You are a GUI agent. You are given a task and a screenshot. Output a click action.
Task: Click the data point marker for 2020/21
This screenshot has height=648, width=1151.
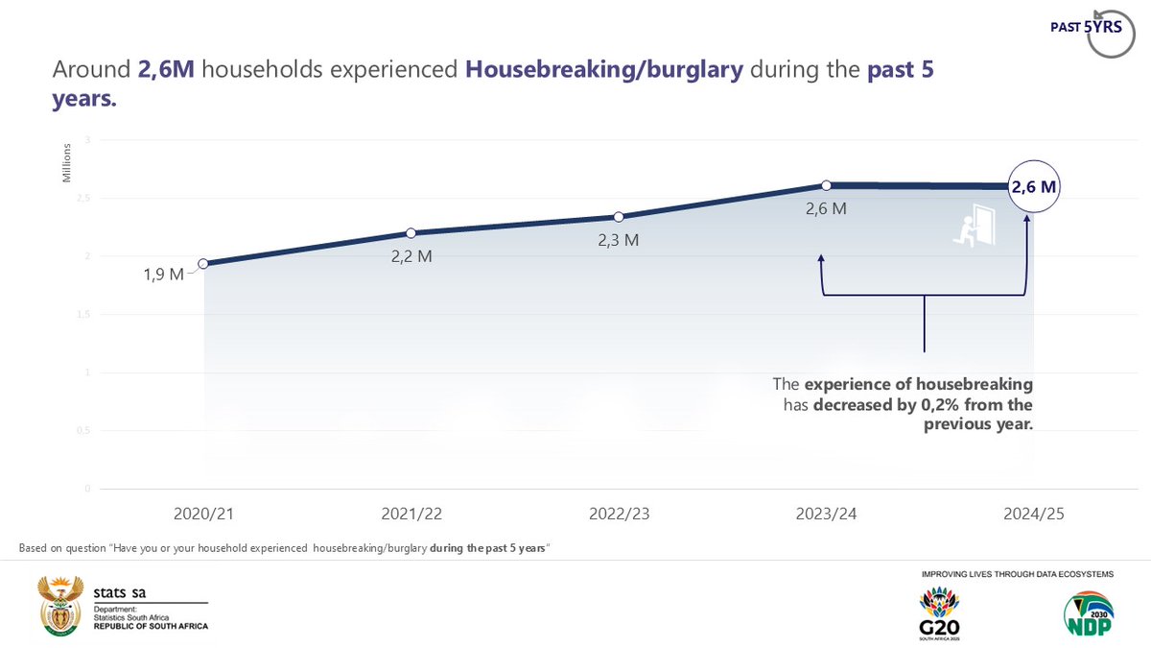(203, 263)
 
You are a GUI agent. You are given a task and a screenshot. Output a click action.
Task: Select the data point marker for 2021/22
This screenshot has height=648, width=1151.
(411, 232)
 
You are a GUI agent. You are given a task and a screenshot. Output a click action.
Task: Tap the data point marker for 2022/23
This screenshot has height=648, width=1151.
(619, 217)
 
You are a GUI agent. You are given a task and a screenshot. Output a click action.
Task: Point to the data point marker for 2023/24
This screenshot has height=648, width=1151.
(826, 185)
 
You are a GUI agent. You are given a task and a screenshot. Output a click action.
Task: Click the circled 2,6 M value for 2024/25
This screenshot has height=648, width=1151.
(1033, 188)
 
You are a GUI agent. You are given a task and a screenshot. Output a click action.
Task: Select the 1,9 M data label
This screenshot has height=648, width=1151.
(162, 276)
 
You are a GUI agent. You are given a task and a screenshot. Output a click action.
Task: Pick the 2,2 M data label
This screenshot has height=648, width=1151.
(411, 259)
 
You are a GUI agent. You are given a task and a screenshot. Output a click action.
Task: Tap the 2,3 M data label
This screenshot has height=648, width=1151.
(619, 240)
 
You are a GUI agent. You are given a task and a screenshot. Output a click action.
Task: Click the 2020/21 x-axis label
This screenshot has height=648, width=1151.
(203, 515)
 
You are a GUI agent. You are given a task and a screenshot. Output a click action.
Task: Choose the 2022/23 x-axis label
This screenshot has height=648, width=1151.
(619, 515)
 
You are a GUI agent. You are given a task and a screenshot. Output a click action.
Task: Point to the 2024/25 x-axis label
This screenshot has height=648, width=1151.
(1033, 515)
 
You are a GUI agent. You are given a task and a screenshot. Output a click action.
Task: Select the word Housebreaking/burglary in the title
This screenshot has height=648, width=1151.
(604, 70)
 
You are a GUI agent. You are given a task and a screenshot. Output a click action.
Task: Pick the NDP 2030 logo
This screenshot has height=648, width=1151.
(1089, 615)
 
